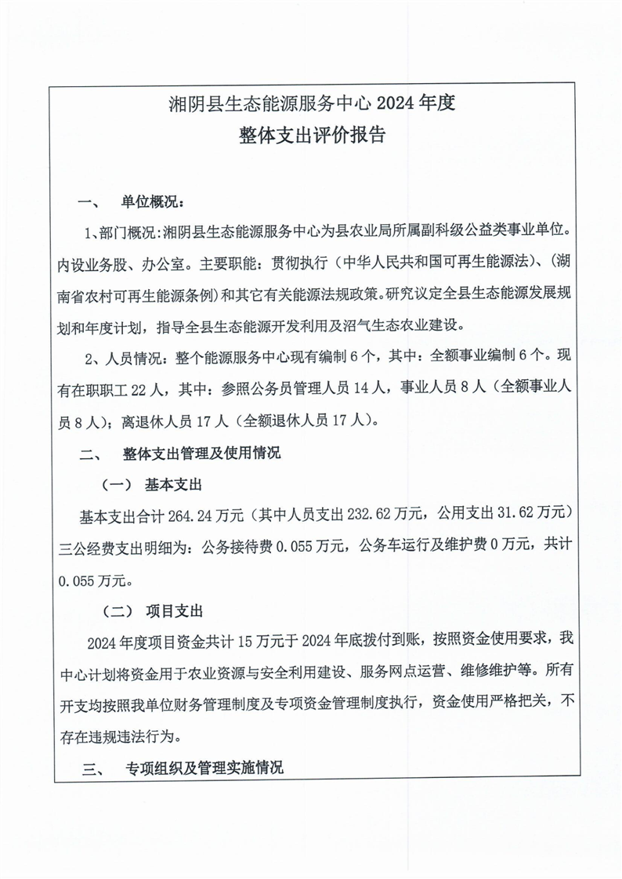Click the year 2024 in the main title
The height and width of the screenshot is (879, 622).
[397, 103]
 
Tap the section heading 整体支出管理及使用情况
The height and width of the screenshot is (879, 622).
[202, 453]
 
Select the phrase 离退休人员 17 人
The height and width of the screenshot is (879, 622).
[175, 421]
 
